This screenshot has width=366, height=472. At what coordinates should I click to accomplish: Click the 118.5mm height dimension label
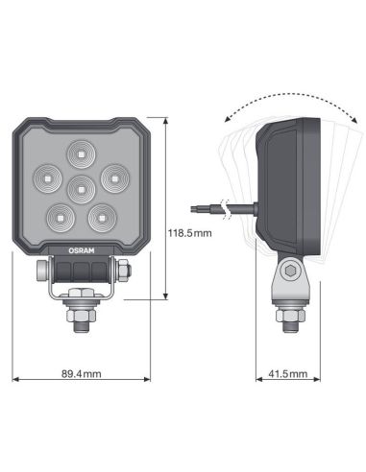click(x=189, y=232)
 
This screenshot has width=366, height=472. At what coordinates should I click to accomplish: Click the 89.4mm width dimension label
click(x=80, y=374)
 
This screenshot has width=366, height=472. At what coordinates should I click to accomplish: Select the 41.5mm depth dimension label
click(x=285, y=374)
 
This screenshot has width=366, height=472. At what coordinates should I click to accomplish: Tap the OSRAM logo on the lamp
click(x=80, y=248)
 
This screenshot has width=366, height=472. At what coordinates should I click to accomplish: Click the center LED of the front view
click(x=81, y=186)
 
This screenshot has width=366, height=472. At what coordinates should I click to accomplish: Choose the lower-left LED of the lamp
click(x=60, y=217)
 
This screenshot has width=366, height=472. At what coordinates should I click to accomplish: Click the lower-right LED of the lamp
click(x=102, y=217)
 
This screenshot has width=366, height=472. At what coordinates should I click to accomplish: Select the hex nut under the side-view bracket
click(x=285, y=313)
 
